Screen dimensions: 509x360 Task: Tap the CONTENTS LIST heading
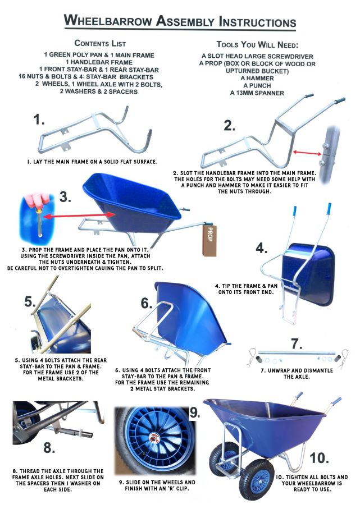click(x=100, y=43)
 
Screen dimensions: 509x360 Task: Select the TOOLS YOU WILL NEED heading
click(x=258, y=44)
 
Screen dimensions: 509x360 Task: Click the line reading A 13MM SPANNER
click(x=258, y=93)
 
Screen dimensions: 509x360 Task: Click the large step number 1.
click(x=39, y=120)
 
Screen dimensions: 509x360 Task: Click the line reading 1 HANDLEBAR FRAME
click(x=100, y=62)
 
